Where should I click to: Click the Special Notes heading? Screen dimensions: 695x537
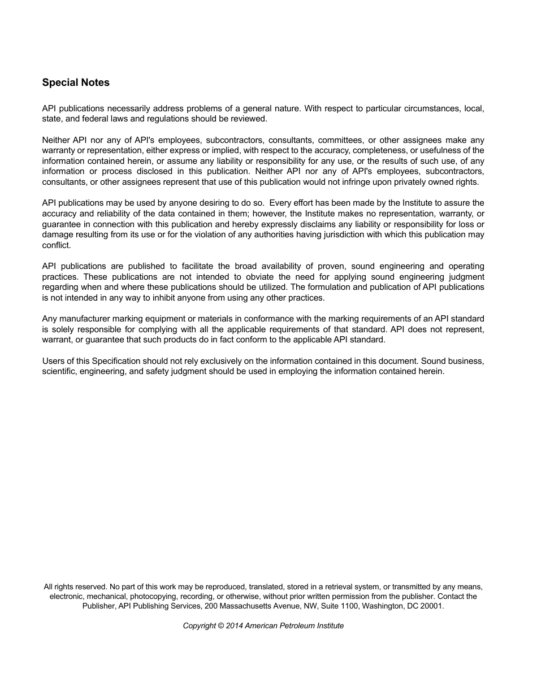76,82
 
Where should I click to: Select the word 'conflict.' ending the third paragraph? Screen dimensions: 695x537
57,245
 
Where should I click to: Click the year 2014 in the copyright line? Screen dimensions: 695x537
233,625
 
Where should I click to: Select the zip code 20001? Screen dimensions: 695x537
432,606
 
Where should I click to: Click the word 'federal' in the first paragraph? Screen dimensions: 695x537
101,119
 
